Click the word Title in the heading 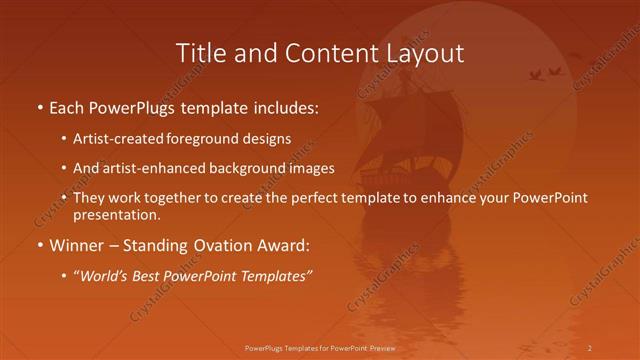point(198,53)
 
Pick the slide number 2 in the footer point(590,347)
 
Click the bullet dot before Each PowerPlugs point(40,107)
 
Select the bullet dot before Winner point(40,245)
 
